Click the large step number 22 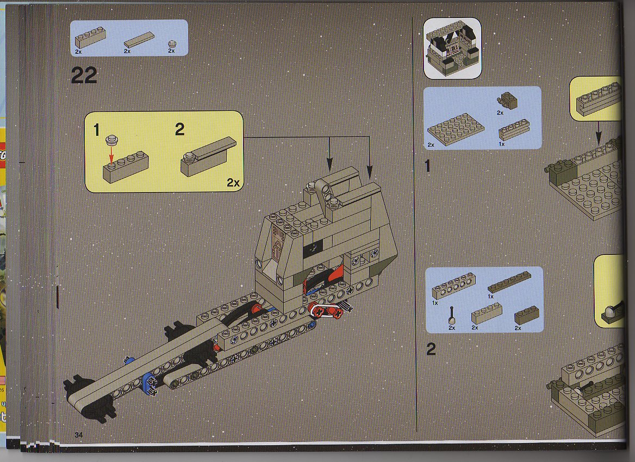point(84,76)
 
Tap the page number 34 point(79,435)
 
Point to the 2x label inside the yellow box point(233,183)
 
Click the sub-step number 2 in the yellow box point(179,129)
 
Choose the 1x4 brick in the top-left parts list point(90,38)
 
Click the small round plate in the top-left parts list point(172,43)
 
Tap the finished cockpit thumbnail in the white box point(452,48)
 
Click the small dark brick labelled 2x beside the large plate point(507,101)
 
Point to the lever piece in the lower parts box point(452,316)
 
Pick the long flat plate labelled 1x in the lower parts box point(509,282)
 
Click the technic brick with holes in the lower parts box point(453,286)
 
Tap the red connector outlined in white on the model point(327,311)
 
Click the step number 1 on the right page point(428,166)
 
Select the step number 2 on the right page point(431,349)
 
